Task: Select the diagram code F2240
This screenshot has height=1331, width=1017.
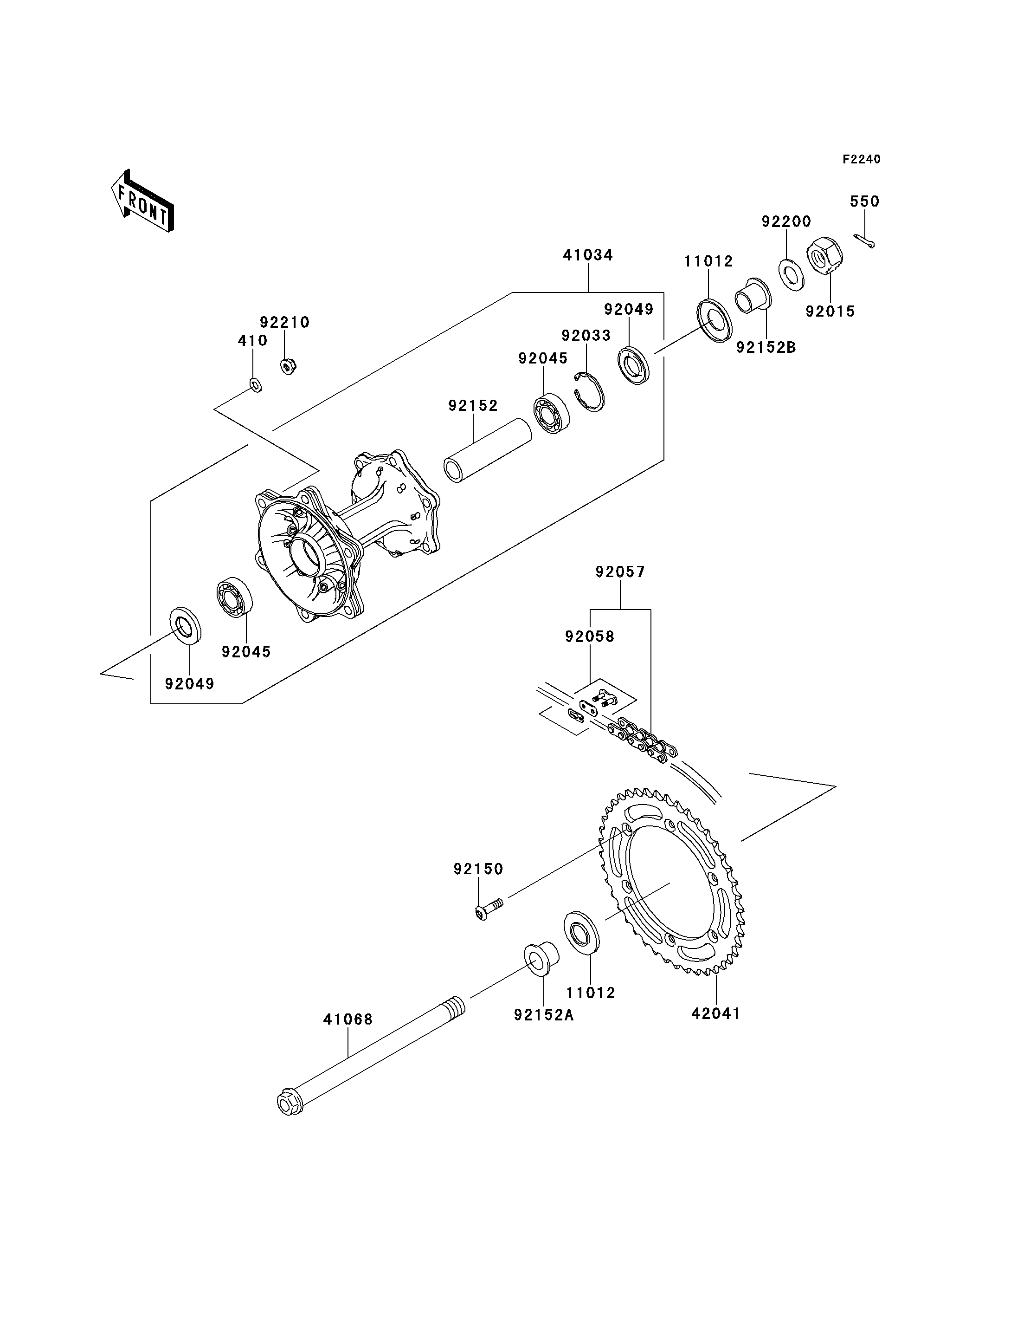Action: point(862,159)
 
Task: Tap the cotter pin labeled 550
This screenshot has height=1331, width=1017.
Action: point(865,241)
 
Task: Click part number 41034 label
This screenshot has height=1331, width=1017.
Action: point(588,255)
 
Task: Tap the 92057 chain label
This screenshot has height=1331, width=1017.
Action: point(620,572)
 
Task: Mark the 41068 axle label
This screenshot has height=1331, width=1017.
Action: point(348,1019)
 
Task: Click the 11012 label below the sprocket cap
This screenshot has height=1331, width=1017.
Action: point(591,993)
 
